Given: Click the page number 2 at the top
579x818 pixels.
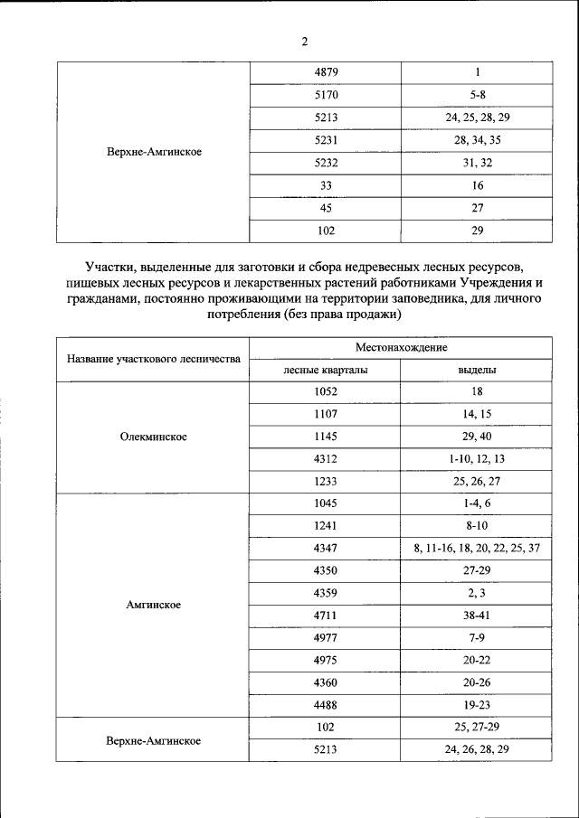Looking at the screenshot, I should click(x=304, y=42).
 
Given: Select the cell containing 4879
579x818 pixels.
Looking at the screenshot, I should click(x=327, y=72).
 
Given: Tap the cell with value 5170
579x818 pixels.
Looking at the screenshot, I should click(x=327, y=95).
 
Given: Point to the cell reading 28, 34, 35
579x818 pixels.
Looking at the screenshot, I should click(x=477, y=140).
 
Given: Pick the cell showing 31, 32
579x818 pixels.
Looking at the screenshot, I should click(x=477, y=163).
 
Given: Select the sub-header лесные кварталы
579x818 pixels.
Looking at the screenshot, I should click(x=326, y=370).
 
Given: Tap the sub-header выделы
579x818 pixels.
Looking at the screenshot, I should click(x=477, y=370).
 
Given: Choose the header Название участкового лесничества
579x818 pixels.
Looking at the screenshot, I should click(x=154, y=359).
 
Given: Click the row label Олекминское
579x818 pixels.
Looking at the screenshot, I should click(x=154, y=437).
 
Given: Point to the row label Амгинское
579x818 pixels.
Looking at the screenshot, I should click(x=154, y=605).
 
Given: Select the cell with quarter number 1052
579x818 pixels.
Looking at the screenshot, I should click(x=327, y=392).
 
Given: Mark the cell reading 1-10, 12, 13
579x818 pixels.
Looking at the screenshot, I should click(x=477, y=459).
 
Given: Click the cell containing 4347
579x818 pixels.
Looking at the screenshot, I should click(x=327, y=548).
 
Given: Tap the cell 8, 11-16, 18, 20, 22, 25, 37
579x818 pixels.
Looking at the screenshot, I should click(x=477, y=548).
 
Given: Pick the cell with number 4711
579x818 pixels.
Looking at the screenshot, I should click(x=327, y=615).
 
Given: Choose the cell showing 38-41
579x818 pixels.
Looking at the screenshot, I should click(x=477, y=615).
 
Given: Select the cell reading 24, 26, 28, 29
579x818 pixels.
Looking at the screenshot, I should click(x=477, y=749).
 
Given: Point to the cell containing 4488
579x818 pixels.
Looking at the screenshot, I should click(x=327, y=704).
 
